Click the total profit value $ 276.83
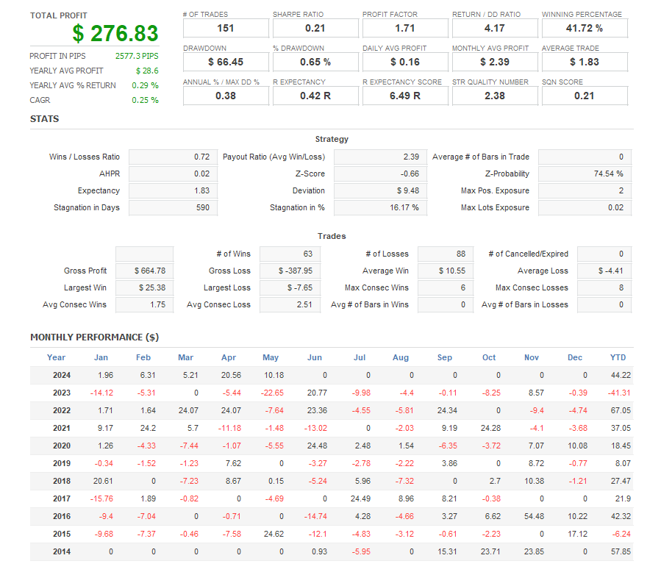[115, 33]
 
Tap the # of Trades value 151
[226, 28]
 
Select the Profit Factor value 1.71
[405, 28]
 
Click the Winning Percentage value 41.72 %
[585, 28]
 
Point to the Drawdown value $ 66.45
[226, 62]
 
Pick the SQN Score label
[562, 82]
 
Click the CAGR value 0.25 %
[145, 100]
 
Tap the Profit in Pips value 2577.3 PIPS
[137, 56]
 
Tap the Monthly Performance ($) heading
[94, 337]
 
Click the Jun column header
[315, 357]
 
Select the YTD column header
[618, 357]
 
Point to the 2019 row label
[61, 463]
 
